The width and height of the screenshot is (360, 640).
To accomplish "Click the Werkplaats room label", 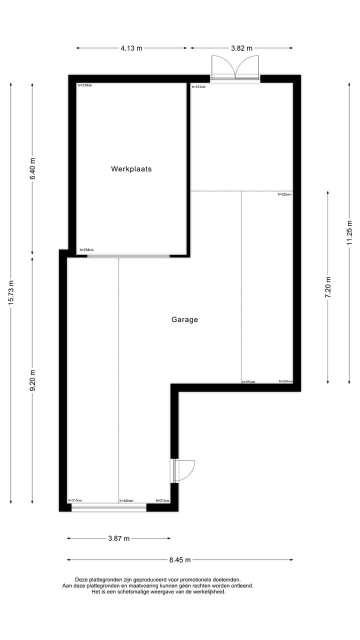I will click(x=131, y=169).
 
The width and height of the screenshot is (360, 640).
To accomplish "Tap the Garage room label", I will click(x=184, y=319).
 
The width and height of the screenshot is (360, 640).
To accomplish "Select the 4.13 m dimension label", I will click(x=131, y=48).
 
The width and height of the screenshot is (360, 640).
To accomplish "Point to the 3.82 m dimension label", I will click(x=241, y=48).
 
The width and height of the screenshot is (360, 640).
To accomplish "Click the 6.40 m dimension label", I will click(x=32, y=169).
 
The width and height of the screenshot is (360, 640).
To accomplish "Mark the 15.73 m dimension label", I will click(x=11, y=293).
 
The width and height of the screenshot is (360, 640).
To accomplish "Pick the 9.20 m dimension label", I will click(x=32, y=381).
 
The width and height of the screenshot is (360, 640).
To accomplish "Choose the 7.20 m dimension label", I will click(x=328, y=287).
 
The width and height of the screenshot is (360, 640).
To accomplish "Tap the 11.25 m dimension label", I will click(x=349, y=233).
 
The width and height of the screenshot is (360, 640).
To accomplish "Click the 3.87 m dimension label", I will click(x=119, y=538).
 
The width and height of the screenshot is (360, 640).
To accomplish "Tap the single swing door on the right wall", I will click(x=183, y=470).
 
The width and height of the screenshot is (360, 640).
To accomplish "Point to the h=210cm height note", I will click(x=85, y=85).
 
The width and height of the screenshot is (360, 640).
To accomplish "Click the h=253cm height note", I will click(x=199, y=86).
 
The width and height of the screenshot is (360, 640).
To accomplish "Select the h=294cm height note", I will click(x=86, y=250).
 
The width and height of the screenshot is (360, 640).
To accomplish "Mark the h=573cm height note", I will click(x=248, y=382).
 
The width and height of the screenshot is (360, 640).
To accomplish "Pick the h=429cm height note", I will click(x=126, y=500).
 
